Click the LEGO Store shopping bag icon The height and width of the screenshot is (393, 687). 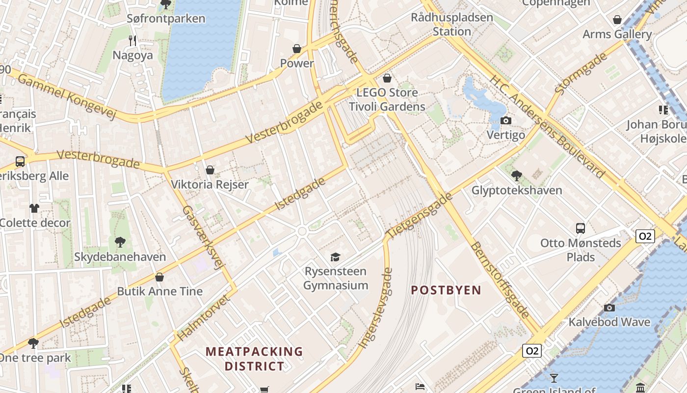(387, 78)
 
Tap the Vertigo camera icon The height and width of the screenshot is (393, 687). (506, 120)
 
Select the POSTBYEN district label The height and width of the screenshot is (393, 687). (446, 290)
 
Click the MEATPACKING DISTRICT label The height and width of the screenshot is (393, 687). (254, 359)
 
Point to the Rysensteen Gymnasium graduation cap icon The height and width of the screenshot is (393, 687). (335, 257)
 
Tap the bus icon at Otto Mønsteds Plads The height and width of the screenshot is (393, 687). (581, 228)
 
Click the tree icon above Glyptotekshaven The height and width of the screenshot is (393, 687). (516, 175)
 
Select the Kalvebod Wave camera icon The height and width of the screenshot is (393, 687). (609, 308)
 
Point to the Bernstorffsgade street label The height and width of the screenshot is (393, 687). (501, 280)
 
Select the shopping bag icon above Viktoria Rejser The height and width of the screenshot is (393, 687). (210, 170)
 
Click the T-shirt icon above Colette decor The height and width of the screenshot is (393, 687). (34, 208)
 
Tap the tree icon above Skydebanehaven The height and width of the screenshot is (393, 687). (120, 242)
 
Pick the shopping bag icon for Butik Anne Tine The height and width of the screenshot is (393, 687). (159, 277)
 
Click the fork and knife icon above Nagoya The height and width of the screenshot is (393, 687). (132, 40)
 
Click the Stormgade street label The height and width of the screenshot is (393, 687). (581, 74)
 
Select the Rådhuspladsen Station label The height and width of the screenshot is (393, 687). (451, 25)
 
